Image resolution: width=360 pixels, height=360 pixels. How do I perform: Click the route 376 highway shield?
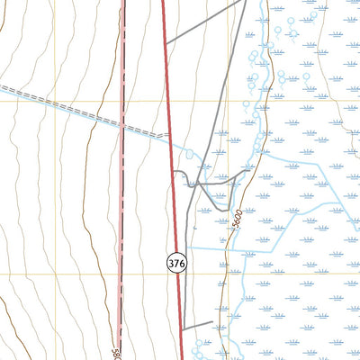tap(176, 263)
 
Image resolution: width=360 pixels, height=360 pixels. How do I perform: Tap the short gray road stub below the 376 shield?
tap(197, 323)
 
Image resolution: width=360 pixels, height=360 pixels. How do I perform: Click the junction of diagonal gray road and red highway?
tap(167, 43)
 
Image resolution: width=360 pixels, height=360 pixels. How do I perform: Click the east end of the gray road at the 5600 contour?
tap(250, 167)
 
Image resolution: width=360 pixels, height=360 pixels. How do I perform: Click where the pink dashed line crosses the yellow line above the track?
tap(122, 100)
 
